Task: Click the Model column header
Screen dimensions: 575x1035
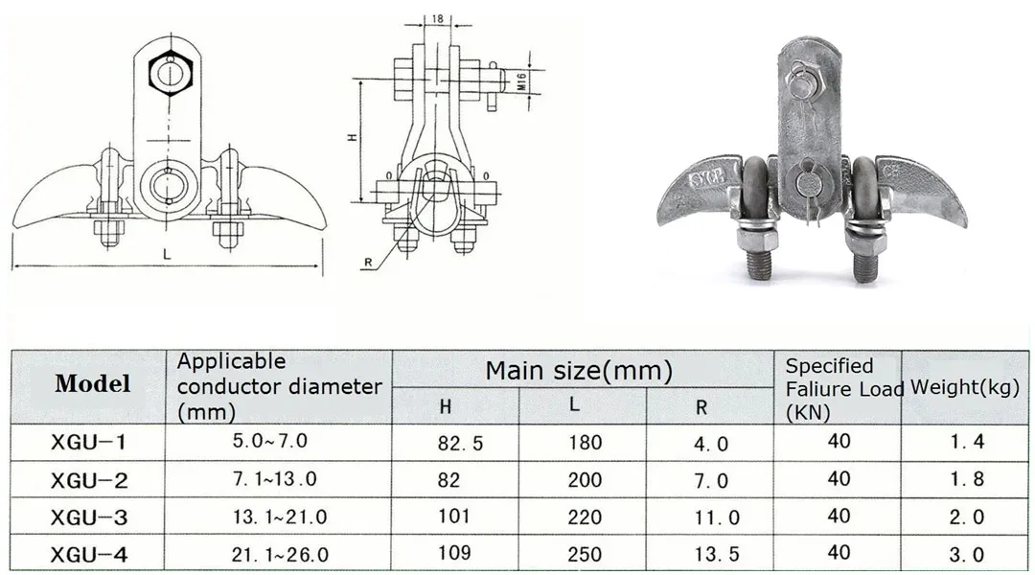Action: pyautogui.click(x=92, y=384)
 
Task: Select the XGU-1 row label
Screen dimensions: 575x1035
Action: pyautogui.click(x=88, y=443)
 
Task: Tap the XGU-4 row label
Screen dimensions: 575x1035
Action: pyautogui.click(x=88, y=554)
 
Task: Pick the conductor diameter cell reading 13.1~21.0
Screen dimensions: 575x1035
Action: pyautogui.click(x=279, y=517)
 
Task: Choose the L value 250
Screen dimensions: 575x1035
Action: pyautogui.click(x=585, y=554)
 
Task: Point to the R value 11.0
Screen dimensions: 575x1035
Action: pyautogui.click(x=717, y=517)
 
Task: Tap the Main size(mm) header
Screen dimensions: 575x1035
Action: pyautogui.click(x=578, y=370)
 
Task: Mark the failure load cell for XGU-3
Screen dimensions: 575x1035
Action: pyautogui.click(x=839, y=516)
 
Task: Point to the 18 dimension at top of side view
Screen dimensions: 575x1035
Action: pyautogui.click(x=437, y=17)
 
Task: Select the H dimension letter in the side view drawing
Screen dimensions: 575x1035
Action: pyautogui.click(x=352, y=138)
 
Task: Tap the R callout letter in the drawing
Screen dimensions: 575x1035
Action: pyautogui.click(x=366, y=262)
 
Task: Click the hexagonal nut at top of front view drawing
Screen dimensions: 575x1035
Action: pyautogui.click(x=170, y=70)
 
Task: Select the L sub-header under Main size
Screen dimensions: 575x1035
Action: pyautogui.click(x=574, y=404)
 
